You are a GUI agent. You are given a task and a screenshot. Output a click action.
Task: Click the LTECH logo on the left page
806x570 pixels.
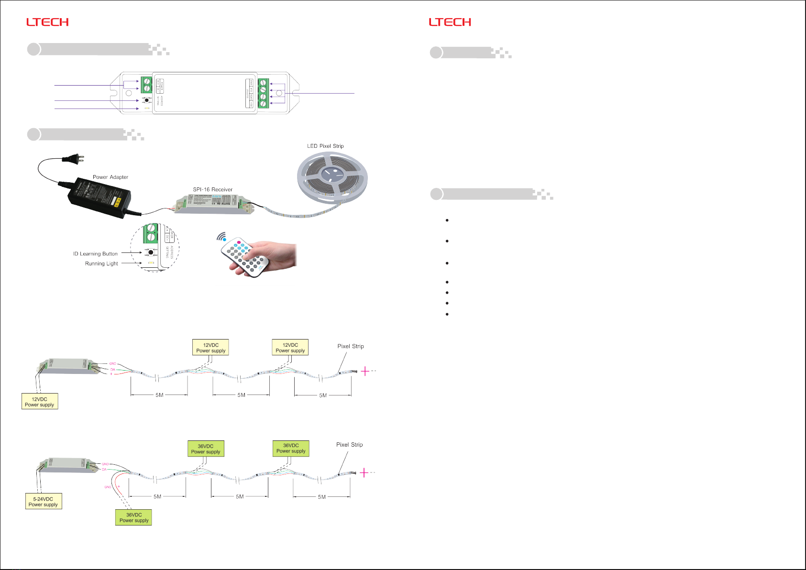47,22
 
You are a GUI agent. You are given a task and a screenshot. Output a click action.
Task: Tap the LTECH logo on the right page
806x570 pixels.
450,22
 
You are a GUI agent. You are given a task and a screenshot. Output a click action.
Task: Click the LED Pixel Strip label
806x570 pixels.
325,146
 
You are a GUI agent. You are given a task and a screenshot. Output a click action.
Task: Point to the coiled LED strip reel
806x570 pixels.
332,175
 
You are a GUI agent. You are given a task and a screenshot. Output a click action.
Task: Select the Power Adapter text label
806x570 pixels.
110,177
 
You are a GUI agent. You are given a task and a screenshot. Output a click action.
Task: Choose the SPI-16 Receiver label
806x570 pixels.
213,189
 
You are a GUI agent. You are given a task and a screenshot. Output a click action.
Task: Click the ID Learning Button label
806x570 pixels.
95,254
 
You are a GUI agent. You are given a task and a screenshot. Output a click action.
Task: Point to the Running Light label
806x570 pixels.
101,263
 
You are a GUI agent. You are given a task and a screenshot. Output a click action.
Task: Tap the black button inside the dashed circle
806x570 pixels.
151,252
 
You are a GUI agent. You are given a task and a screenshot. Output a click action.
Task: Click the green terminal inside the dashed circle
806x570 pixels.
151,233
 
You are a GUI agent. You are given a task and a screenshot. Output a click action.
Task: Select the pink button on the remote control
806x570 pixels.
239,242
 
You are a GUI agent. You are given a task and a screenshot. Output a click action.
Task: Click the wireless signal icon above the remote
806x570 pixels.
222,237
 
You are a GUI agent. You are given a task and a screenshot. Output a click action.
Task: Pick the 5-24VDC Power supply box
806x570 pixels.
44,502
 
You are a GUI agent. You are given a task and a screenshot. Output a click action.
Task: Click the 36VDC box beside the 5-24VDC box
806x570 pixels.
134,518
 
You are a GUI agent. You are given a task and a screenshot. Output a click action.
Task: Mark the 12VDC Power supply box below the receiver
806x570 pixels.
40,402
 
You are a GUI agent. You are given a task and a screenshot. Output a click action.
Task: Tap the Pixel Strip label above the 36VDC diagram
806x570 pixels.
349,445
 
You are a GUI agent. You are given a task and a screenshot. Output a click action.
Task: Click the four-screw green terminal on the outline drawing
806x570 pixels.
263,93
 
